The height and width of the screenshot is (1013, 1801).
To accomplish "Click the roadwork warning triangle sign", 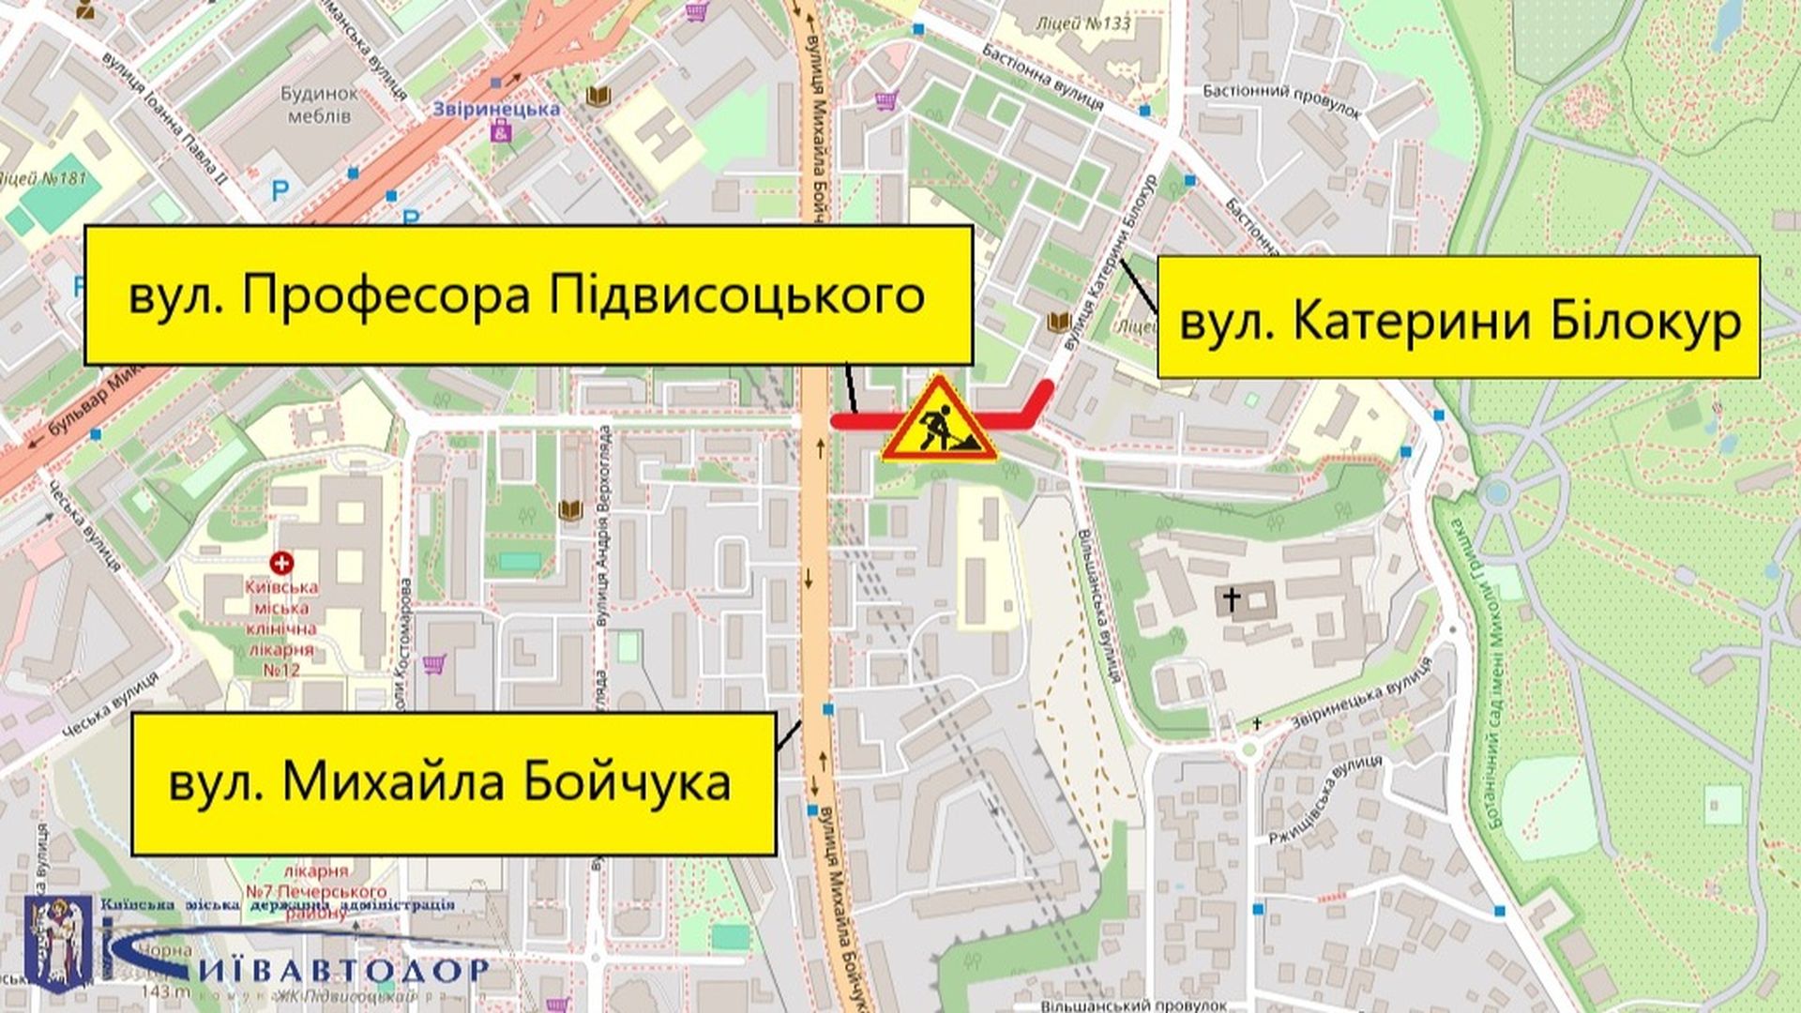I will (x=938, y=422).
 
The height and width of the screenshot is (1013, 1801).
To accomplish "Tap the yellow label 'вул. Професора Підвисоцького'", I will (x=527, y=295).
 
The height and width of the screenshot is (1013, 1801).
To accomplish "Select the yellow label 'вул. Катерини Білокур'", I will (x=1458, y=318).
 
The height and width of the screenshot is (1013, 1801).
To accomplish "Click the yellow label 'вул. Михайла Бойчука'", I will (x=453, y=783).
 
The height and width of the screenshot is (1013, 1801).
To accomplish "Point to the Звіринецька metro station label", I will (x=496, y=109).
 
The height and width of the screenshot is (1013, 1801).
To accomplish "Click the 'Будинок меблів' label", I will (x=319, y=105).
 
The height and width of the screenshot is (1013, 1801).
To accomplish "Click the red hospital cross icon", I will (x=280, y=563).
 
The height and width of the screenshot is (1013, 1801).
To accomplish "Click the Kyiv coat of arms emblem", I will (x=58, y=943).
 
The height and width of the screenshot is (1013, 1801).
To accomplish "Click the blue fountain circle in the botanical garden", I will (x=1497, y=491).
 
